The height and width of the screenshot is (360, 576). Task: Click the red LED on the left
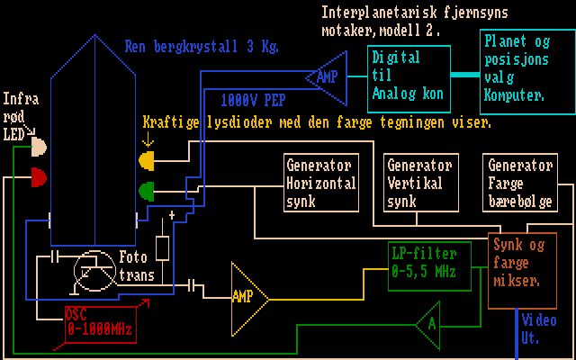(x=39, y=176)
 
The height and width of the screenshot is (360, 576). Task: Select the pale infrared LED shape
(x=39, y=146)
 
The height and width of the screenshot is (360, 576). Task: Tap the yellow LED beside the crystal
(x=146, y=160)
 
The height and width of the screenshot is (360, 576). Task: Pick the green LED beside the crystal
(x=146, y=191)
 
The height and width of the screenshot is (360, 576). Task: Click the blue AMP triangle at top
(x=322, y=77)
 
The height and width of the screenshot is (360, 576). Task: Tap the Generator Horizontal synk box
(x=321, y=184)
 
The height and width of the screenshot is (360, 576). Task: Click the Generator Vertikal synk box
(x=420, y=184)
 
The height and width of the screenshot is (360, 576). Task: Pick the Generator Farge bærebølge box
(x=519, y=184)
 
